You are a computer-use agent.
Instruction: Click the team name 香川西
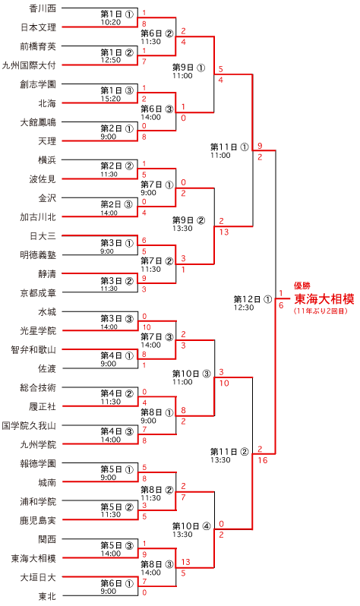(43, 8)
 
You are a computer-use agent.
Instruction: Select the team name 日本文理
(38, 27)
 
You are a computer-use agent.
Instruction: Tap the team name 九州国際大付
(29, 65)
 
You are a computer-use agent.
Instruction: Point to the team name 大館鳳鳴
(38, 122)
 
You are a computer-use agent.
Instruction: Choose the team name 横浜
(47, 160)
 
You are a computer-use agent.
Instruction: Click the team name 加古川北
(38, 217)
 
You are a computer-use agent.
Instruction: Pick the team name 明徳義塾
(38, 254)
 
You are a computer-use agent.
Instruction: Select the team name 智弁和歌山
(33, 350)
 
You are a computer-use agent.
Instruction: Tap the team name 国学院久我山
(29, 425)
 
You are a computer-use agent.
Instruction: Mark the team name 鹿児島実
(38, 521)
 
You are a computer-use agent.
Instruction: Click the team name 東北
(47, 596)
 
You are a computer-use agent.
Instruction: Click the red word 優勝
(302, 286)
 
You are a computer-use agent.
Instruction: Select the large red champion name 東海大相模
(324, 298)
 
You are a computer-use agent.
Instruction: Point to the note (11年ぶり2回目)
(321, 311)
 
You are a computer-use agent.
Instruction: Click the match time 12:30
(244, 308)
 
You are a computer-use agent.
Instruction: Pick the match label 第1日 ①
(117, 14)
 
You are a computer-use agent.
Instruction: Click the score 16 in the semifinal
(263, 460)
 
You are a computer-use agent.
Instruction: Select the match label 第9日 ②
(188, 220)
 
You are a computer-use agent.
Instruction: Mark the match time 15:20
(111, 99)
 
